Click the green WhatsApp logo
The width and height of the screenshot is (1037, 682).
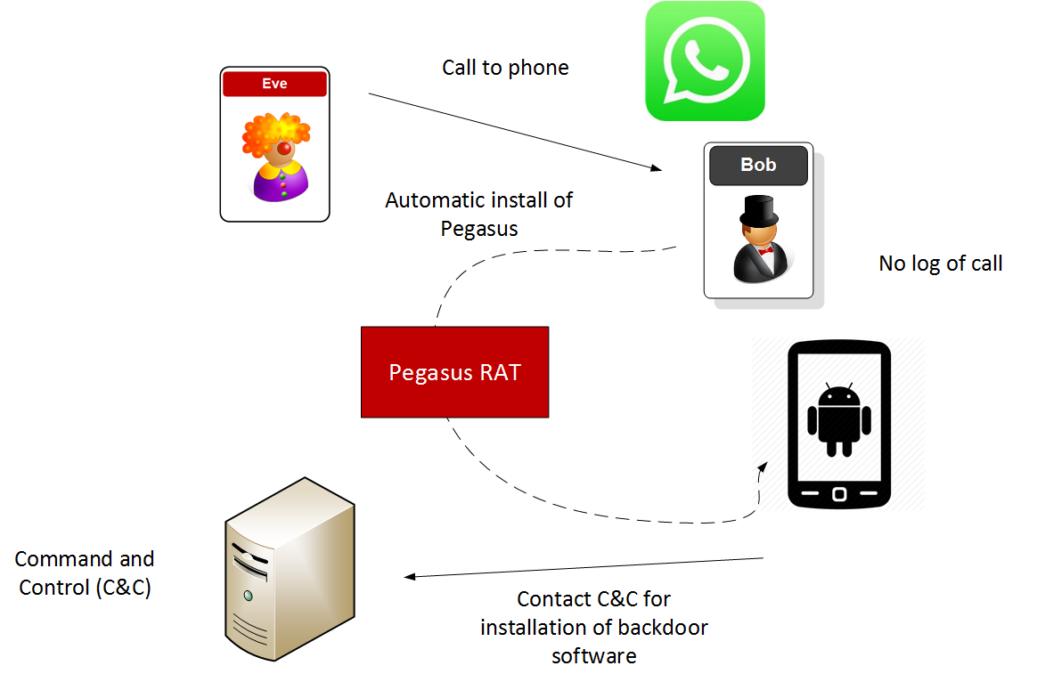(x=705, y=61)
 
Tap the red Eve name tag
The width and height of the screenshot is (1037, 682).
(x=274, y=84)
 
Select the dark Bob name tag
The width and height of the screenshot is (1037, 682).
(x=758, y=166)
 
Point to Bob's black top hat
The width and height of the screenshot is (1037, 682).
(x=758, y=211)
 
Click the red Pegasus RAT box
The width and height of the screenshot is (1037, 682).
(x=454, y=372)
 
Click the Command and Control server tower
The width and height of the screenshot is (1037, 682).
(x=287, y=570)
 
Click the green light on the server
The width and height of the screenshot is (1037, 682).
(x=248, y=595)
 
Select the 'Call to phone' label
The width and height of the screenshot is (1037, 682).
(x=505, y=68)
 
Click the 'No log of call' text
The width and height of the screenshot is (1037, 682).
(x=940, y=264)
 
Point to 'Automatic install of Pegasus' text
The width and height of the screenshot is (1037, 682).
(x=478, y=214)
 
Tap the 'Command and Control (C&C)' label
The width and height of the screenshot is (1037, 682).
(x=85, y=573)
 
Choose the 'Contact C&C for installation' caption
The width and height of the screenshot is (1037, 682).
(x=593, y=627)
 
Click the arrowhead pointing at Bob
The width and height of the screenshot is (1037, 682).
(x=657, y=167)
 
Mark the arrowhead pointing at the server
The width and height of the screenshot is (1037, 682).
(x=412, y=576)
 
